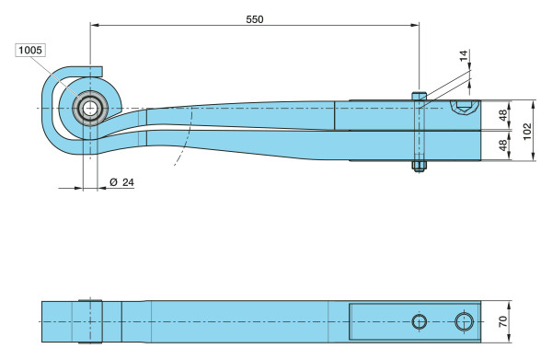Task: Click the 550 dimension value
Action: (255, 19)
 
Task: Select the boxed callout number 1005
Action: (30, 50)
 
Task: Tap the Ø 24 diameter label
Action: (121, 182)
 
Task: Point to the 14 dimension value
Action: (464, 55)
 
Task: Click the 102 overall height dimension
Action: (527, 131)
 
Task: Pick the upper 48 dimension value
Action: (503, 115)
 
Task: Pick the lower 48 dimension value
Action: (503, 145)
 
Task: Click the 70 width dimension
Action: (503, 321)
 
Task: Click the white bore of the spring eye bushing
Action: (90, 108)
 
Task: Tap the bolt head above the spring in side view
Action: (419, 96)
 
